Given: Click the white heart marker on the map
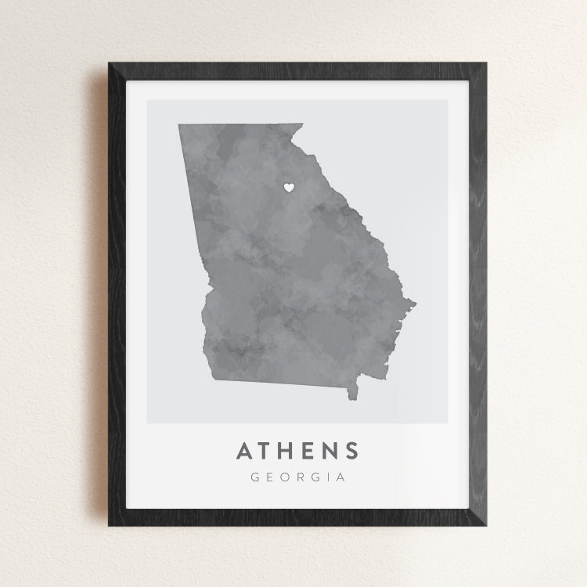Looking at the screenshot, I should click(288, 188).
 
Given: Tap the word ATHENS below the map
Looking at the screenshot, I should click(297, 451).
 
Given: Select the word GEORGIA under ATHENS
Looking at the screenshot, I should click(297, 477).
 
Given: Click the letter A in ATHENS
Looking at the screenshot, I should click(244, 451).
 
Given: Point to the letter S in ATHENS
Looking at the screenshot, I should click(351, 451).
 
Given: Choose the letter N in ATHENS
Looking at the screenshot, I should click(330, 451).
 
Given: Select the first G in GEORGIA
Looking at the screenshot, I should click(255, 477).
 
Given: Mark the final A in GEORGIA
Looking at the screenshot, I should click(340, 477).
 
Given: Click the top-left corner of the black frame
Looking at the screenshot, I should click(109, 64).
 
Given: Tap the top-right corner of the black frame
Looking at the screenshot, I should click(485, 64).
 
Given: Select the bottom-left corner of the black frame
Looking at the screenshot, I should click(109, 524).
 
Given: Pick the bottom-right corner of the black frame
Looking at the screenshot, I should click(485, 524).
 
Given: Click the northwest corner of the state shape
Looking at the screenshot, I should click(179, 125).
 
